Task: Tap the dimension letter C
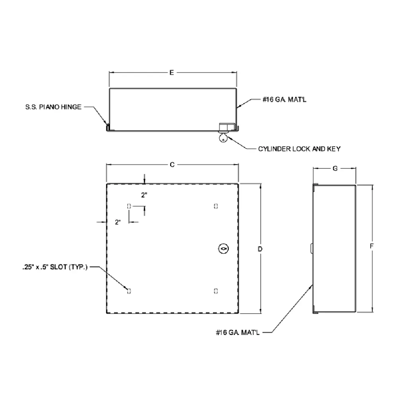(x=172, y=164)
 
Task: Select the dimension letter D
(x=260, y=248)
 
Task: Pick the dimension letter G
(x=335, y=169)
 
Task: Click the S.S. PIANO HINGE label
(x=53, y=106)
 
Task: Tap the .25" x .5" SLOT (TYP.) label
(x=55, y=268)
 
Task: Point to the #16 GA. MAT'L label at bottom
(x=237, y=331)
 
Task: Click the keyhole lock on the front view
(x=223, y=248)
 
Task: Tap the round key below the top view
(x=223, y=139)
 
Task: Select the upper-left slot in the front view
(x=129, y=206)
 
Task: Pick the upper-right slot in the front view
(x=215, y=206)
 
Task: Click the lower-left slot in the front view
(x=129, y=291)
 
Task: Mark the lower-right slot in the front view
(x=215, y=291)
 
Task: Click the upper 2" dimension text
(x=144, y=196)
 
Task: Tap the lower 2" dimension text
(x=118, y=222)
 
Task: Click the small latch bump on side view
(x=312, y=247)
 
